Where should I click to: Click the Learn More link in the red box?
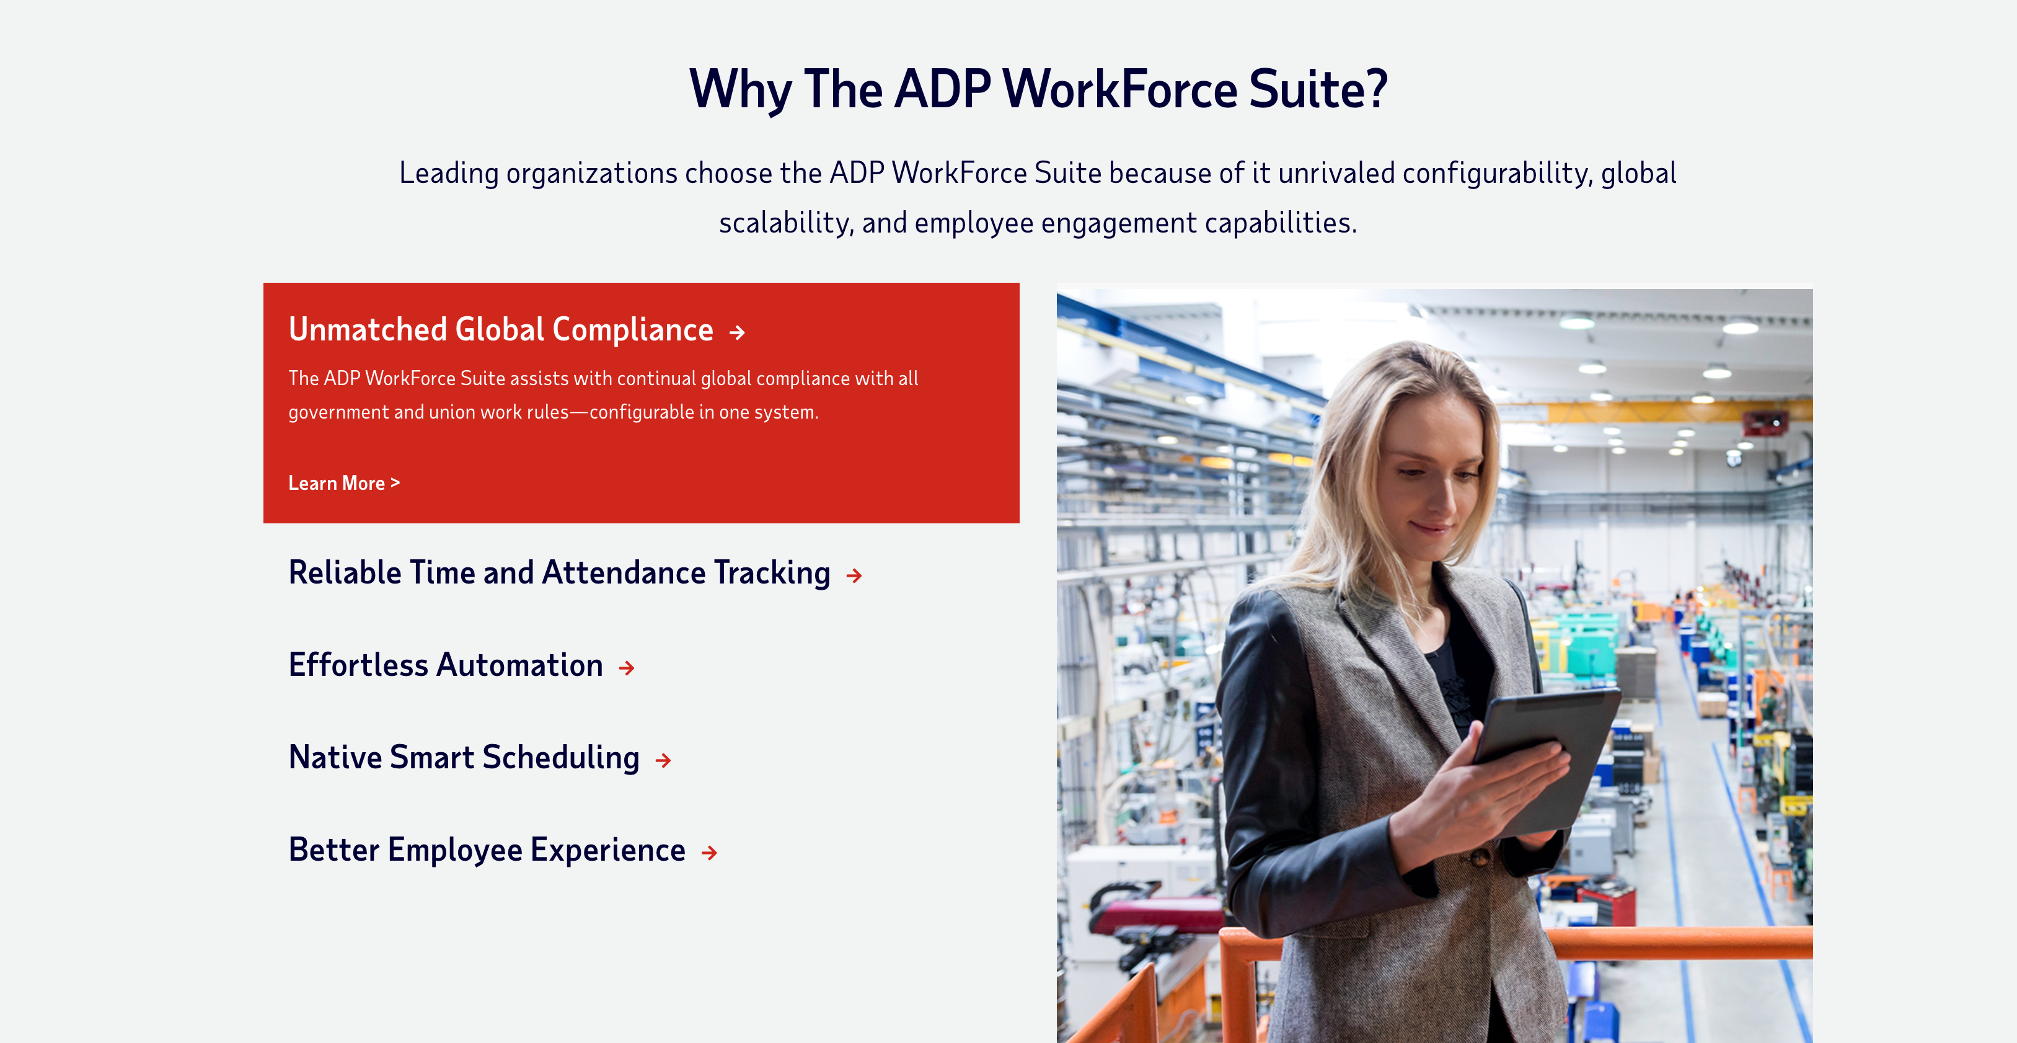pyautogui.click(x=344, y=483)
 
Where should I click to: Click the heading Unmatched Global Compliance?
pyautogui.click(x=501, y=330)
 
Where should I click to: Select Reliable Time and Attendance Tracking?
pyautogui.click(x=559, y=573)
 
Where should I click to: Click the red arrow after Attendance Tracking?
pyautogui.click(x=854, y=575)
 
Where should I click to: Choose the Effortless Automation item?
pyautogui.click(x=446, y=665)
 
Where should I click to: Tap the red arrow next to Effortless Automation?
pyautogui.click(x=627, y=668)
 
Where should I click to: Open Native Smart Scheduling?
pyautogui.click(x=464, y=758)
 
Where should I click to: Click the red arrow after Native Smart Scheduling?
pyautogui.click(x=663, y=760)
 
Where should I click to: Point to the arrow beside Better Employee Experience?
pyautogui.click(x=709, y=853)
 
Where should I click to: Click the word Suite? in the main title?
pyautogui.click(x=1318, y=89)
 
